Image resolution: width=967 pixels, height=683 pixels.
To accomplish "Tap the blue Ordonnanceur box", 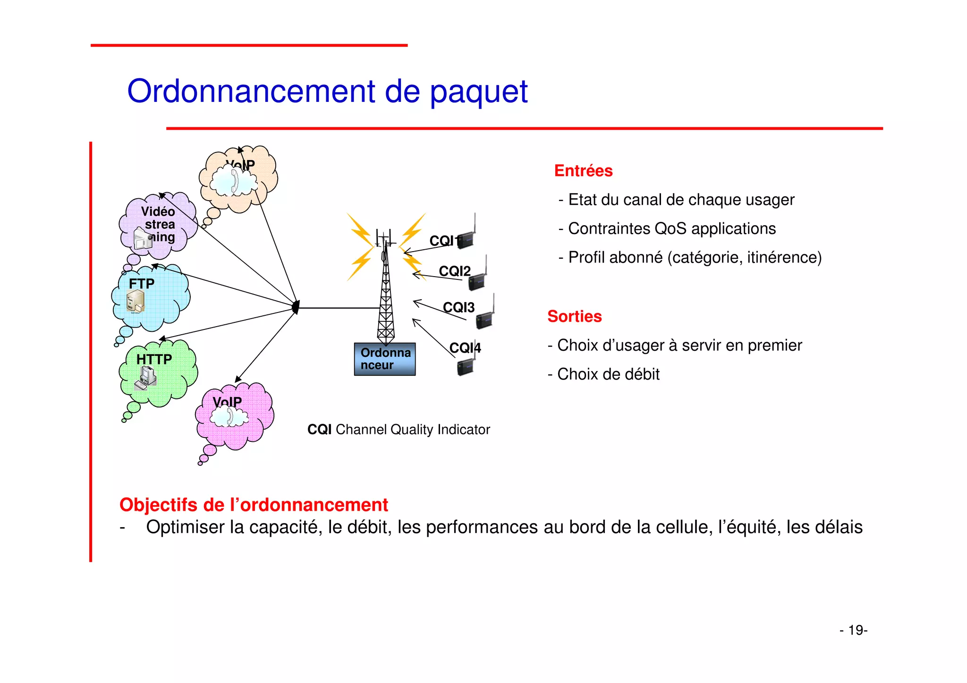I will tap(384, 359).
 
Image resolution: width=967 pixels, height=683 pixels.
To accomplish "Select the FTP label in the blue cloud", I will tap(141, 284).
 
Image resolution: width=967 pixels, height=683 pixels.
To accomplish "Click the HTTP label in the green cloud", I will tap(154, 360).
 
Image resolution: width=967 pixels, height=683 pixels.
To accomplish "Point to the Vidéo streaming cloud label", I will tap(159, 224).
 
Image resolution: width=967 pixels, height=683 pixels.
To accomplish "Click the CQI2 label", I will tap(454, 271).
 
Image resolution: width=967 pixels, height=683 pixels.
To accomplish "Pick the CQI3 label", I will tap(458, 308).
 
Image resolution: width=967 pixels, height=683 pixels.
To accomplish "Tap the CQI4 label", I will tap(465, 348).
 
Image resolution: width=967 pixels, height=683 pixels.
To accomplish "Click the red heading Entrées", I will tap(583, 171).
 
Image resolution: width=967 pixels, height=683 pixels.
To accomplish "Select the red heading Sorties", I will tap(574, 317).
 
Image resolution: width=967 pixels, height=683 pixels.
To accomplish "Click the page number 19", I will tap(856, 631).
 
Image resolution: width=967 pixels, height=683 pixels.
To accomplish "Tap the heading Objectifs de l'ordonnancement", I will tap(254, 505).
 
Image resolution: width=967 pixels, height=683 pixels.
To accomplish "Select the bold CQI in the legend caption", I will tap(319, 430).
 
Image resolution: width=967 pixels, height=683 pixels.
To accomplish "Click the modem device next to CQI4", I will tap(466, 366).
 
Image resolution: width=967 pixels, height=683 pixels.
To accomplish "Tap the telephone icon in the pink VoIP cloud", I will tap(229, 417).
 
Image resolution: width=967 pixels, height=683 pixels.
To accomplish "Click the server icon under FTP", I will tap(136, 301).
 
